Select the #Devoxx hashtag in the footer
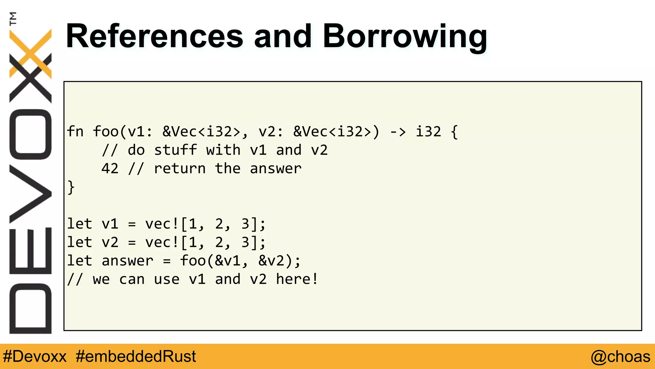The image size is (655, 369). pos(35,357)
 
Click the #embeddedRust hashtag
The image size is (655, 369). pos(136,357)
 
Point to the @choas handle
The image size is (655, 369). pos(620,357)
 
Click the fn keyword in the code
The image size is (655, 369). pos(75,132)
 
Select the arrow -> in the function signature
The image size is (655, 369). pos(398,132)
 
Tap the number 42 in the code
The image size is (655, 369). pos(110,168)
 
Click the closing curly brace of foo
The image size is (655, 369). pos(71,187)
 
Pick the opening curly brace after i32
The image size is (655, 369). pos(454,132)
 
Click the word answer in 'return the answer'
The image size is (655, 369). pos(275,168)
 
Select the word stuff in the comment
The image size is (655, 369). pos(175,150)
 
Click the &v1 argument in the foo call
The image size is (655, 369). pos(227,261)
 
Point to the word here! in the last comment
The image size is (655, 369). pos(297,279)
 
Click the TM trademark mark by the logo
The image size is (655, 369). pos(13,19)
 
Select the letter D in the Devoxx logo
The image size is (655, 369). pos(31,308)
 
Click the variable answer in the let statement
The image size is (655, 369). pos(127,261)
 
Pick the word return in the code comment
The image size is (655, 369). pos(180,168)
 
